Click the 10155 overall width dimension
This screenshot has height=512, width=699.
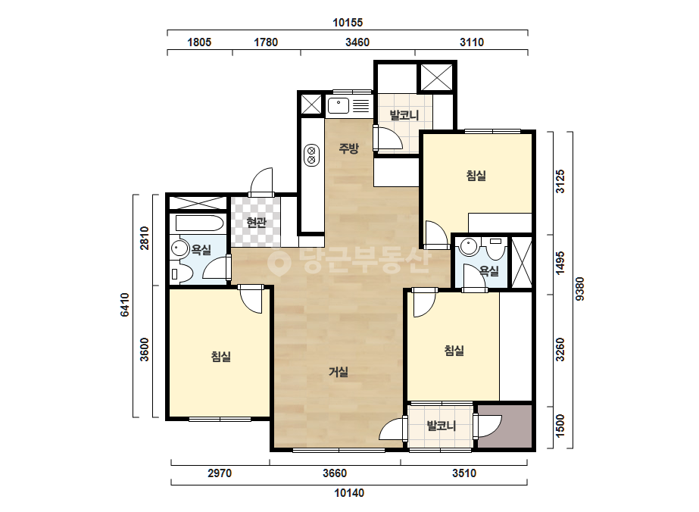pos(348,22)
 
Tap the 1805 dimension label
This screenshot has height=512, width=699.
pos(199,42)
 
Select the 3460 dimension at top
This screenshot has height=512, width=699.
pos(357,42)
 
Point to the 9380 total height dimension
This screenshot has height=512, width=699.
pos(579,289)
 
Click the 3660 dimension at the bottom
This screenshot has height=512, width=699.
pos(335,473)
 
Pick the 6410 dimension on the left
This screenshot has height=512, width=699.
pos(124,305)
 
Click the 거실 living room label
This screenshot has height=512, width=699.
pos(339,372)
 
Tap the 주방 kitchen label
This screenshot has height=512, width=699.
pos(348,148)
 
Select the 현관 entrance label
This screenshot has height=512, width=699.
pos(256,222)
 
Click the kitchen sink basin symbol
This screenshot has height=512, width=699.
pos(339,106)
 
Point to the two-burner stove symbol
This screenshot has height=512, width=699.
pos(311,155)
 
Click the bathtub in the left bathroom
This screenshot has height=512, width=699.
pos(199,223)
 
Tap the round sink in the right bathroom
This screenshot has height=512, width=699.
pos(469,246)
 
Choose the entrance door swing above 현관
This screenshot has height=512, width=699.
pos(261,182)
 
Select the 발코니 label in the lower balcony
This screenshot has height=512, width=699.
pos(442,426)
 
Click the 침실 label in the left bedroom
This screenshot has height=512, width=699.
pos(221,357)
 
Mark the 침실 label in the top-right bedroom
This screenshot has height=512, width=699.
pos(476,176)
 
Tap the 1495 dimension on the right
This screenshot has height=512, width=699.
pos(560,264)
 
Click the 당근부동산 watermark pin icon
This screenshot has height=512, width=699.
pos(279,263)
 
